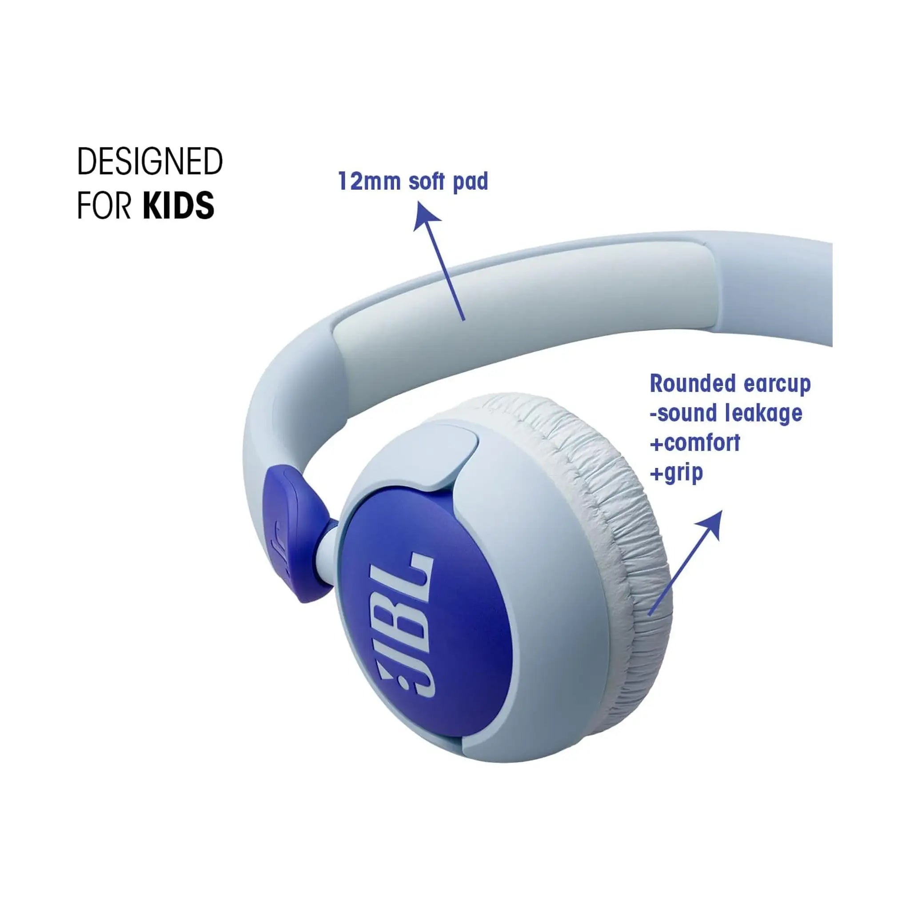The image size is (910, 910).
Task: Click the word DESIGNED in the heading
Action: point(150,162)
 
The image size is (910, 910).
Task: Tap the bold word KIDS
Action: point(179,205)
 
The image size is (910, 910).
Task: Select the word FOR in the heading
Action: point(104,205)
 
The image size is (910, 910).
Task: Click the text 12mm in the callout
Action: point(369,181)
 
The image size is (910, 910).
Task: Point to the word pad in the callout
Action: point(470,182)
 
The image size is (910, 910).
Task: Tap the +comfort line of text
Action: point(695,443)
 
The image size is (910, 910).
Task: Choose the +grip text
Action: point(676,473)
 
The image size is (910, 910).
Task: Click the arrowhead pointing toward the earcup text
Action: point(712,523)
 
